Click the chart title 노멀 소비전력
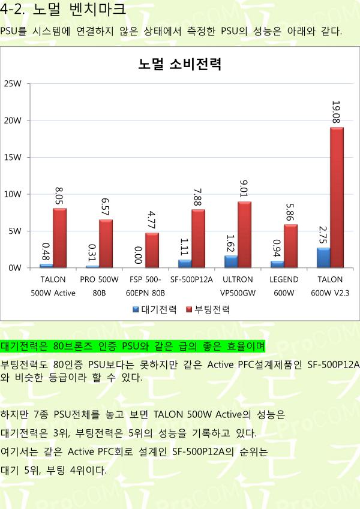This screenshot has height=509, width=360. (180, 65)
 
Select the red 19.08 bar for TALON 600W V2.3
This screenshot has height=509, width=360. (337, 198)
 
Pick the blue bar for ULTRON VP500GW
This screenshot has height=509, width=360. (231, 261)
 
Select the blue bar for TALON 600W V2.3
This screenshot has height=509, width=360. (323, 258)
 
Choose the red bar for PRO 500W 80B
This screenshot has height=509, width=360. (106, 243)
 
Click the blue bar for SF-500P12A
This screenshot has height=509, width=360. (185, 264)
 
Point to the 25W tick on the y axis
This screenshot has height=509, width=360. (13, 83)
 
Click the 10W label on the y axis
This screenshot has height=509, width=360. (13, 194)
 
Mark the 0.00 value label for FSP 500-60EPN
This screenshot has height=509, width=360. (138, 255)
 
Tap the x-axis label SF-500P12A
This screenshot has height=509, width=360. (191, 279)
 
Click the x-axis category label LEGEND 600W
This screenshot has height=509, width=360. (284, 286)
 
